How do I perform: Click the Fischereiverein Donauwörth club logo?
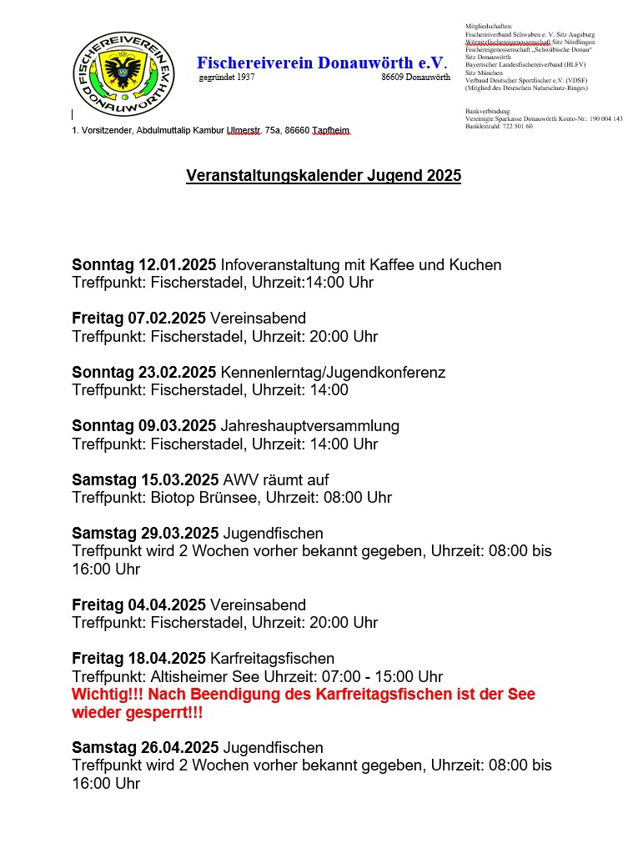123,73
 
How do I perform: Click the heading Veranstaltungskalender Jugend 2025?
324,176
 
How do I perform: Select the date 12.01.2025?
178,265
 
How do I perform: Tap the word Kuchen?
475,265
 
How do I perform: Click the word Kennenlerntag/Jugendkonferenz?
333,372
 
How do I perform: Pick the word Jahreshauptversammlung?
309,426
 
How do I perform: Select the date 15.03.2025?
179,479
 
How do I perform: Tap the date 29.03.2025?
179,533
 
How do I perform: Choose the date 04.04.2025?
166,605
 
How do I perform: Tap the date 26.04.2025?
179,747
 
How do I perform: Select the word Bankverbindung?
487,111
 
